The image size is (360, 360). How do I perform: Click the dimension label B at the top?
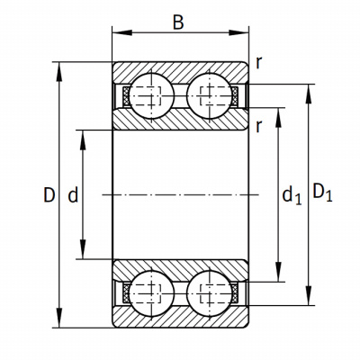pyautogui.click(x=178, y=22)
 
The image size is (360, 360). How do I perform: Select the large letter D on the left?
pyautogui.click(x=49, y=194)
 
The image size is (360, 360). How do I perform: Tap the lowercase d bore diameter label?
pyautogui.click(x=73, y=194)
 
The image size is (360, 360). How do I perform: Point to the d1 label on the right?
pyautogui.click(x=292, y=196)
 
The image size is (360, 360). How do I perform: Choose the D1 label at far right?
pyautogui.click(x=322, y=193)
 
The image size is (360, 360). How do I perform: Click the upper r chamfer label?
pyautogui.click(x=259, y=63)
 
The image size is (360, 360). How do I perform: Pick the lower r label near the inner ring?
pyautogui.click(x=259, y=127)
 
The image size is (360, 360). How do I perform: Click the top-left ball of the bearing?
pyautogui.click(x=151, y=95)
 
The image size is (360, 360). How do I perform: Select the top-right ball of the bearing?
pyautogui.click(x=210, y=95)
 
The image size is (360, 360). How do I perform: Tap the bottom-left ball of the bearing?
pyautogui.click(x=151, y=293)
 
